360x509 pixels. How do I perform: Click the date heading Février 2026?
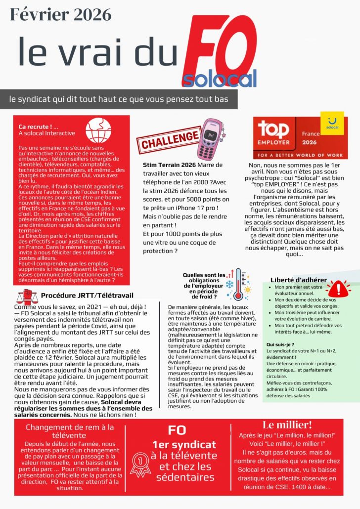click(61, 15)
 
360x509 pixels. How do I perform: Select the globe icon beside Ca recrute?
click(94, 130)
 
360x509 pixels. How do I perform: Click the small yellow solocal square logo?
click(332, 123)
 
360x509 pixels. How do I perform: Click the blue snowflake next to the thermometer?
click(229, 284)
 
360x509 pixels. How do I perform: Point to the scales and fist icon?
click(27, 297)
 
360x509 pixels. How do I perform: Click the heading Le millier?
click(287, 425)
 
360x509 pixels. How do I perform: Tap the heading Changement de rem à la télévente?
click(70, 431)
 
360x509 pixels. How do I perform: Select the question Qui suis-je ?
click(280, 344)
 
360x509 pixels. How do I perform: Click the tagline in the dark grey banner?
click(119, 99)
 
